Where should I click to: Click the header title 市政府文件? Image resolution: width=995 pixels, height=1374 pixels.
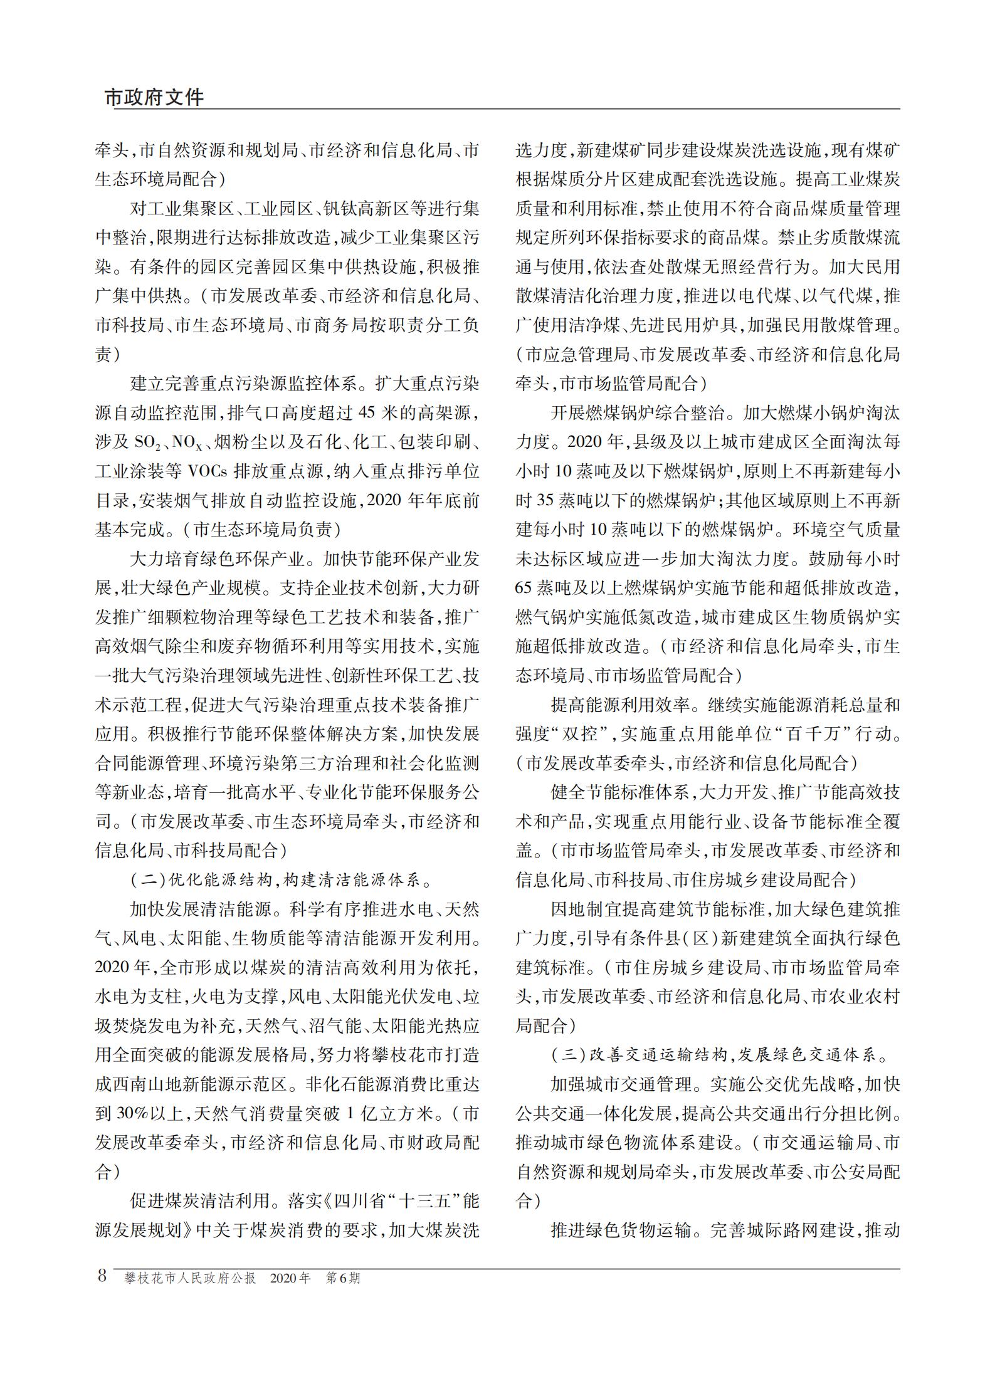(x=154, y=97)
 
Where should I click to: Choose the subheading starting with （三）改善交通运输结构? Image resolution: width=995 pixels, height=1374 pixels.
(x=720, y=1056)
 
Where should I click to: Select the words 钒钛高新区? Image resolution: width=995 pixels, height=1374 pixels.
(x=376, y=209)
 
